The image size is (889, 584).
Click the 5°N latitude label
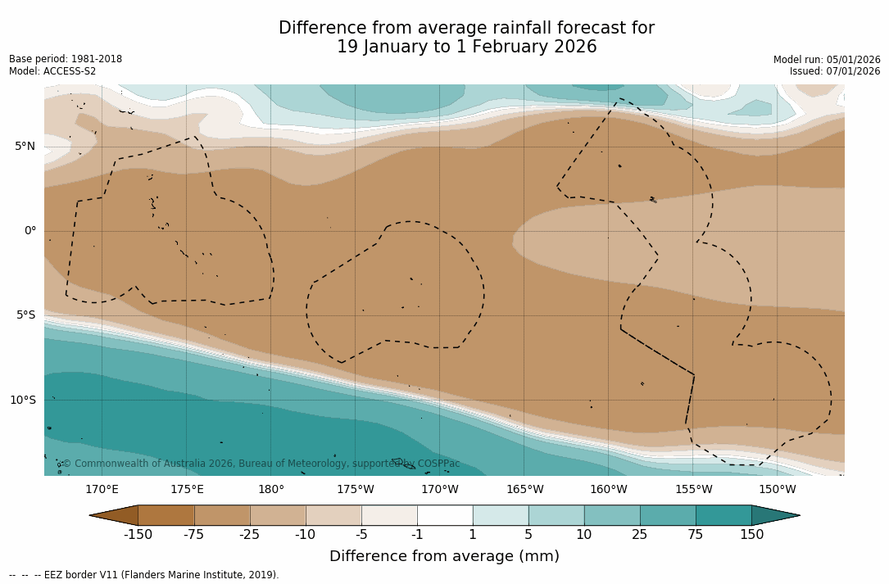pos(25,147)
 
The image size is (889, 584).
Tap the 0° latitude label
pos(30,231)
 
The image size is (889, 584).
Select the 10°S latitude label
pos(22,401)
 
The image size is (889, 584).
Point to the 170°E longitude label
pos(102,490)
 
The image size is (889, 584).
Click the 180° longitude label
pos(271,490)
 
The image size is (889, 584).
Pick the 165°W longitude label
pos(524,490)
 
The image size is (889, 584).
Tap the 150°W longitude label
pos(778,490)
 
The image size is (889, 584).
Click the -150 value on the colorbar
pos(138,535)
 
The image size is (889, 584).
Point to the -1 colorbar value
pos(417,535)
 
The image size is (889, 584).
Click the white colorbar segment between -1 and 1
pos(445,515)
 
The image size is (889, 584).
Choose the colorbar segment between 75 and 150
pos(723,515)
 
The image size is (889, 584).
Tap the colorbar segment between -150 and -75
pos(166,515)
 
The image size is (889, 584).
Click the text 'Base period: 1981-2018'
pos(66,59)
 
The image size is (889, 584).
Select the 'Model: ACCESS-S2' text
pos(52,71)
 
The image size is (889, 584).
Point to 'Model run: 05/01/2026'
pos(827,60)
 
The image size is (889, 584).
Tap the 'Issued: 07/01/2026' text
pos(835,71)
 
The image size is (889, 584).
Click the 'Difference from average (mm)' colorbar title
pos(444,556)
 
